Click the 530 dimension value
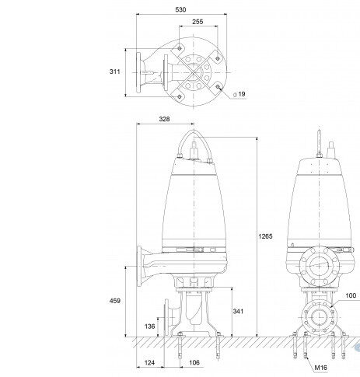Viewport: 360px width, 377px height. (180, 9)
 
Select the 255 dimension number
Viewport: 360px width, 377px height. (197, 22)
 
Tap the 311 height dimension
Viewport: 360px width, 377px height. (114, 72)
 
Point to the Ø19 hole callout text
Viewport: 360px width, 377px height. (239, 94)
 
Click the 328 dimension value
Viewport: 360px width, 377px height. (164, 119)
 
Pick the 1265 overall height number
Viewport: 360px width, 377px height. (265, 236)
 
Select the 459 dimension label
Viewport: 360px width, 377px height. (115, 301)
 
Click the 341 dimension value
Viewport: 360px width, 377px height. (238, 311)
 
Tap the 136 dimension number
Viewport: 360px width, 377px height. (149, 326)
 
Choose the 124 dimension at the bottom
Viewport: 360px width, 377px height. (149, 362)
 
